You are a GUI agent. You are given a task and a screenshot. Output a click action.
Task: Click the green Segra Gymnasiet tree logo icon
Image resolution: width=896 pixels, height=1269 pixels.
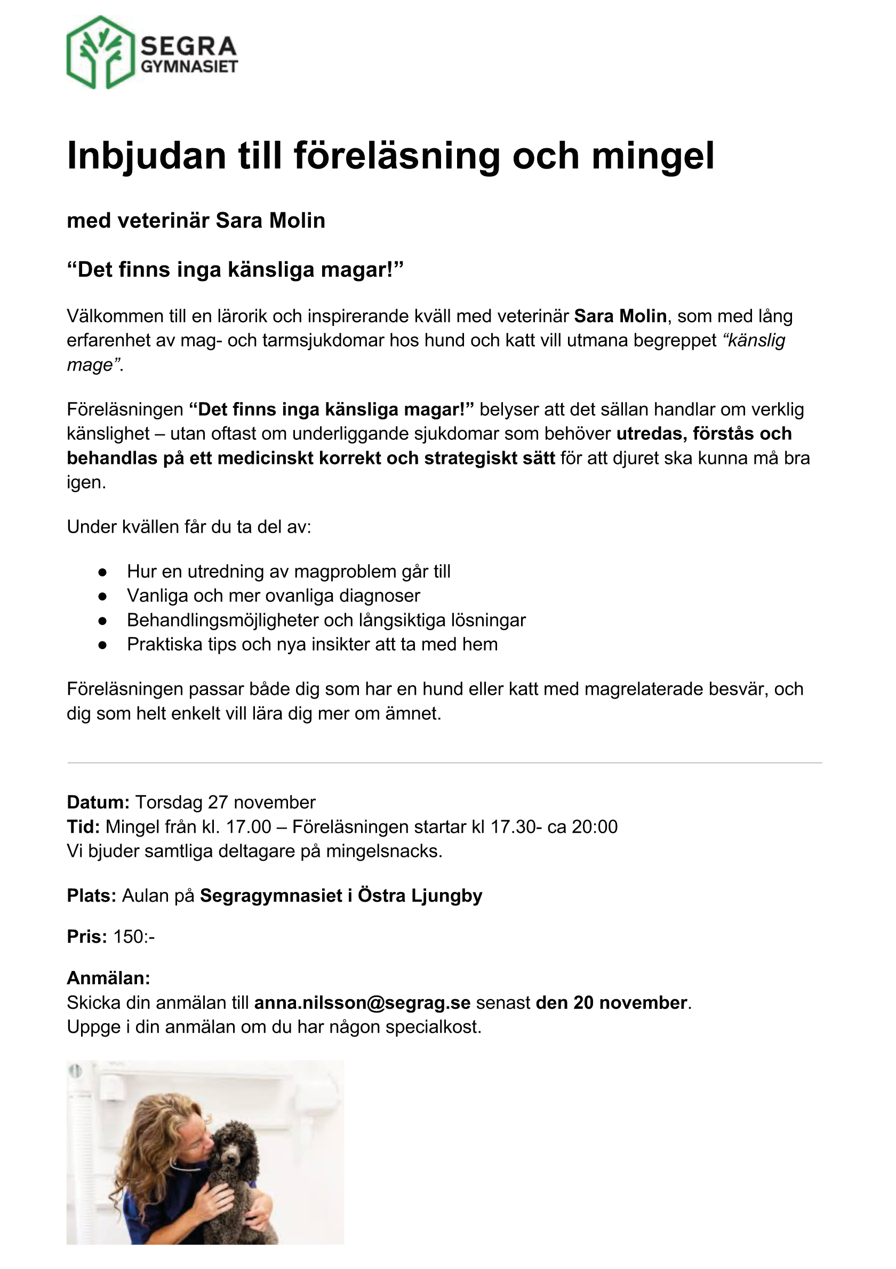[x=101, y=52]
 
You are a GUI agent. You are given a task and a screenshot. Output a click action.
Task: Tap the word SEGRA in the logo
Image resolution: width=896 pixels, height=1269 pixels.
[x=188, y=46]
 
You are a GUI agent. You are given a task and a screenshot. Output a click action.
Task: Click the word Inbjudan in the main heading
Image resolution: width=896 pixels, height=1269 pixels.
[x=147, y=156]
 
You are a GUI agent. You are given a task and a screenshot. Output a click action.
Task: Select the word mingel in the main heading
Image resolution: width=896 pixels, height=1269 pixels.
[x=653, y=156]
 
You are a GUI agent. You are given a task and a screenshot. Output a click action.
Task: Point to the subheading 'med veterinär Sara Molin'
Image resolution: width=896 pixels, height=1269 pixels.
[x=196, y=221]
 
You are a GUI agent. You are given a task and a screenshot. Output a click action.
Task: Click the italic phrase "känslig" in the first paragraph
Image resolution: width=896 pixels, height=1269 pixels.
[x=755, y=341]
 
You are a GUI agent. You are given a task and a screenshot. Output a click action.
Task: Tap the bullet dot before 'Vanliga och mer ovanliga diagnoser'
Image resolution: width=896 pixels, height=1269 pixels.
[x=102, y=596]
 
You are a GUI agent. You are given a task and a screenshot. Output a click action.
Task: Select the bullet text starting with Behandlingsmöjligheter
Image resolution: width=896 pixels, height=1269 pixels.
[x=326, y=620]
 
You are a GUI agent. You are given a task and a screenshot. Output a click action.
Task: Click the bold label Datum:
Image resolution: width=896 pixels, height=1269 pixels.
[x=98, y=802]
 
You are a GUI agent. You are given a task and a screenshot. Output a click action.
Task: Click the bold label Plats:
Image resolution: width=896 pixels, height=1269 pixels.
[x=91, y=895]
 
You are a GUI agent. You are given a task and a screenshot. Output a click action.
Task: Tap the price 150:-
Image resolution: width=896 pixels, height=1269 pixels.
[x=134, y=937]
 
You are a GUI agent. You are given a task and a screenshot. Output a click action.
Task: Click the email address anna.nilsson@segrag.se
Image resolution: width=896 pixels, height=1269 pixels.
[x=362, y=1002]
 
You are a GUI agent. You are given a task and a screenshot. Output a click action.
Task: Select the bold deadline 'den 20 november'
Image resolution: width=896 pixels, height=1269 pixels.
[x=611, y=1002]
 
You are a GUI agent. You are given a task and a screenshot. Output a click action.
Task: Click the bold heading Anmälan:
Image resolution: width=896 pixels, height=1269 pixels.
[x=108, y=978]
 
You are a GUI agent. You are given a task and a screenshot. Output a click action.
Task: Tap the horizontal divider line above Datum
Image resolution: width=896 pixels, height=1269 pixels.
[x=444, y=762]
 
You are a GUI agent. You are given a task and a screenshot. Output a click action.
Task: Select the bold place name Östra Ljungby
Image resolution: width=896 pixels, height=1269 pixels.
[x=420, y=895]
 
